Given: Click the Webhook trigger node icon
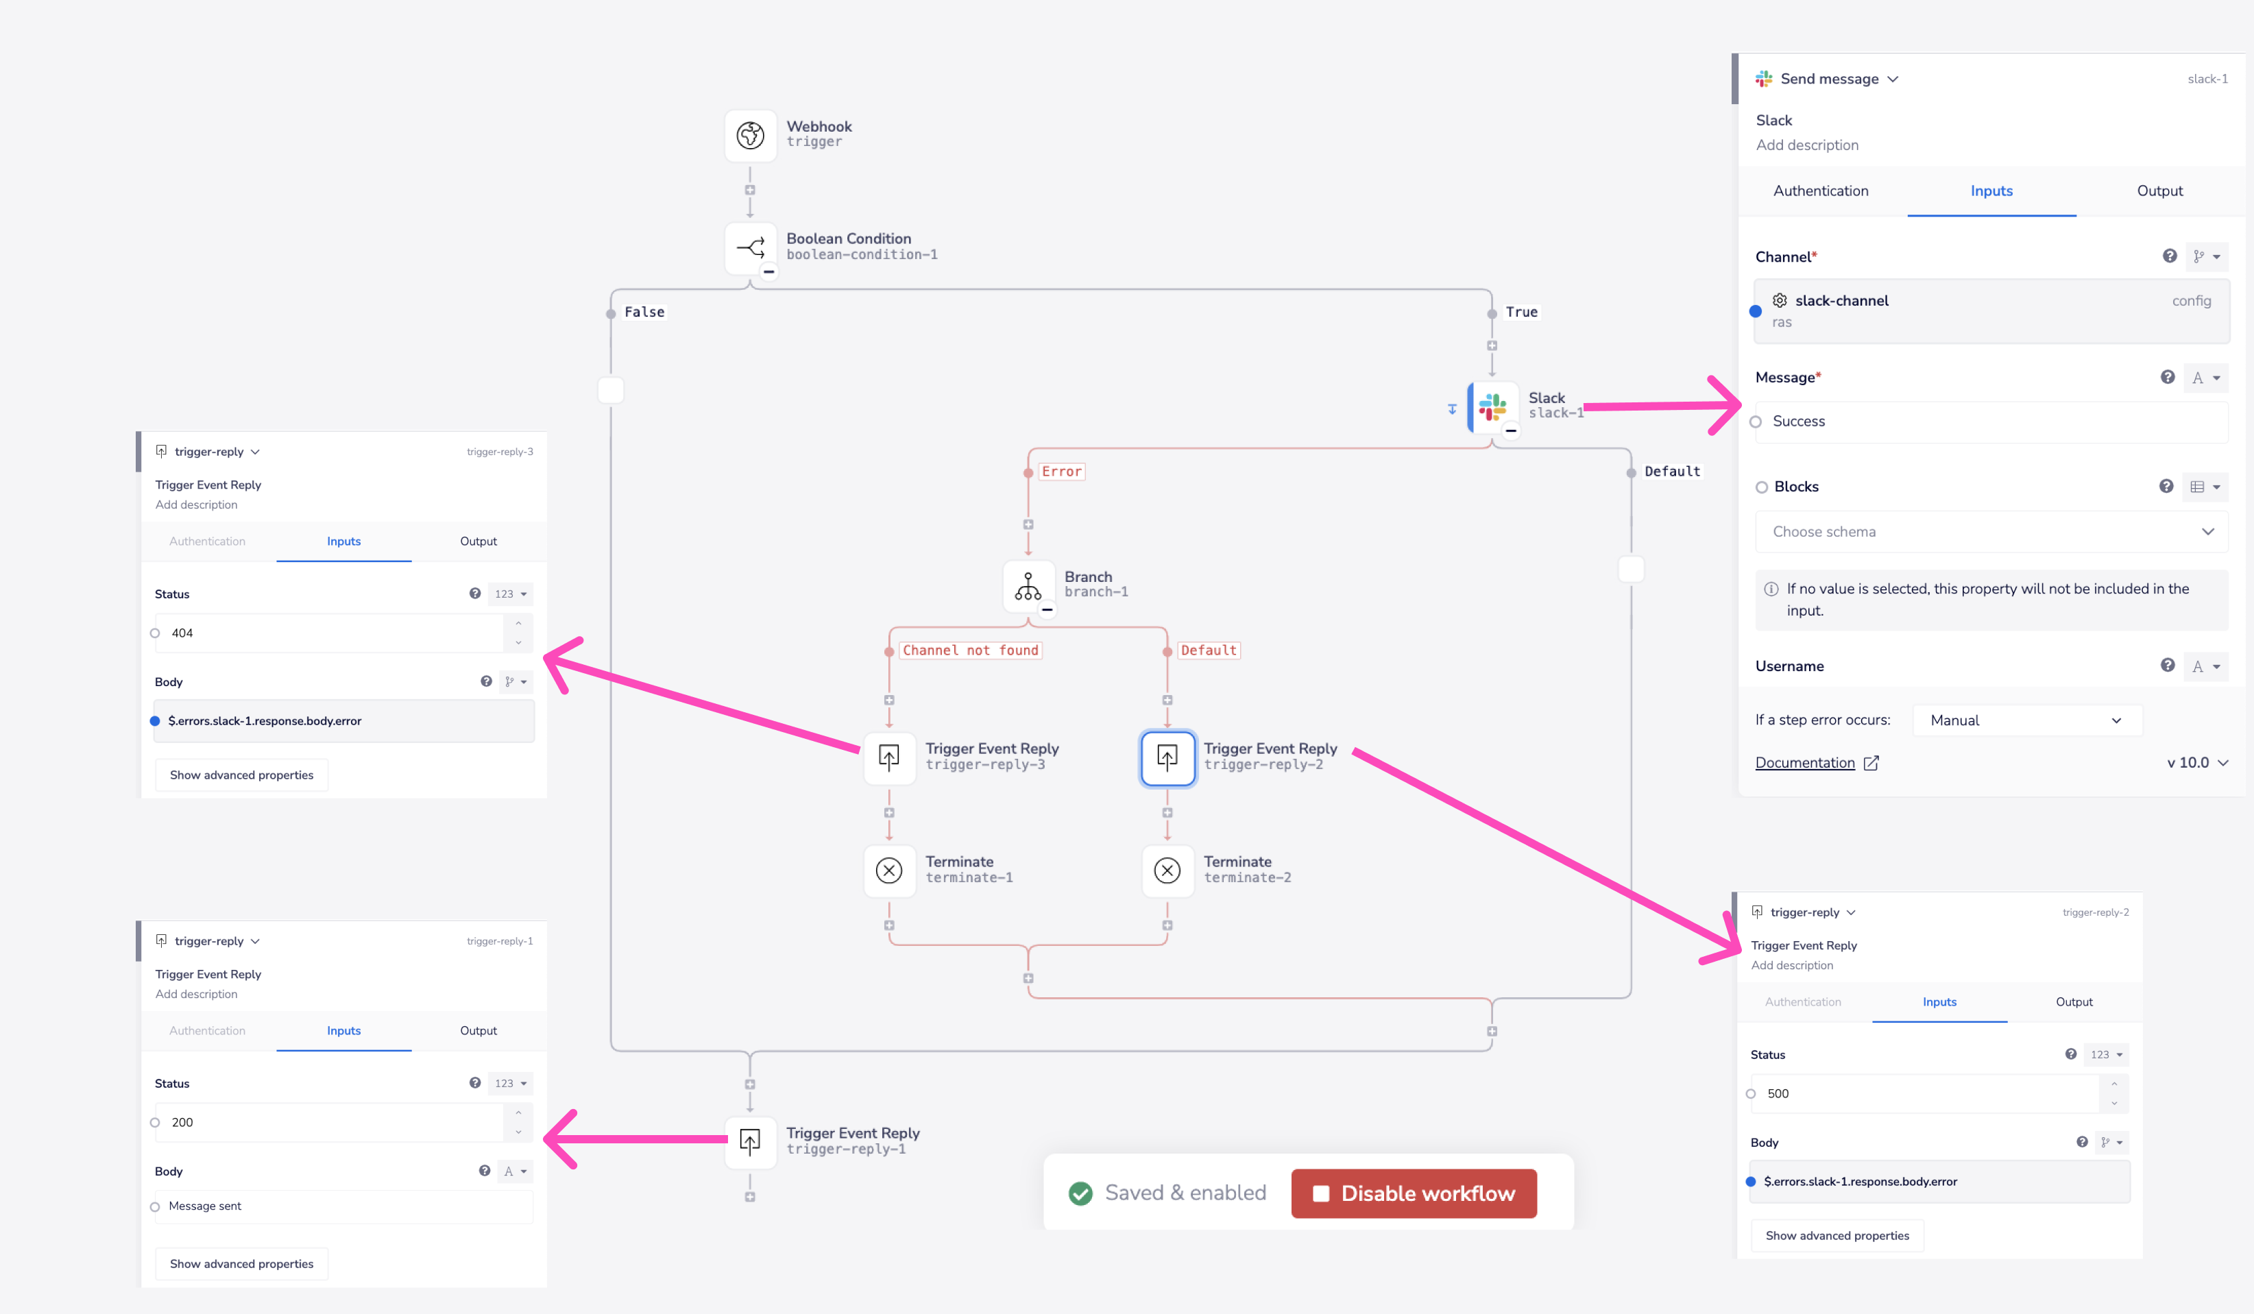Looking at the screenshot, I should coord(749,135).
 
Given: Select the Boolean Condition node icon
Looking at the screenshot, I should coord(749,247).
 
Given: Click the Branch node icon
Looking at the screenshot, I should coord(1028,586).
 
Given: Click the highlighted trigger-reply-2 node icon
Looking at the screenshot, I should coord(1166,757).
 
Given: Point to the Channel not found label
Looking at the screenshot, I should coord(969,650).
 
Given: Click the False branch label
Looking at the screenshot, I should coord(644,312).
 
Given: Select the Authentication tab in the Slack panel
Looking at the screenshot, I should coord(1820,191).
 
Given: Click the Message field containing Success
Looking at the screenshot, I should coord(1990,422).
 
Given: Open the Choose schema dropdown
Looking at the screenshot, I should coord(1990,531).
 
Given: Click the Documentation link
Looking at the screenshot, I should coord(1804,763).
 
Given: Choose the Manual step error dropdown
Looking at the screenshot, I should coord(2025,720).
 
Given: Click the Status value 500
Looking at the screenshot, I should coord(1923,1094).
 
